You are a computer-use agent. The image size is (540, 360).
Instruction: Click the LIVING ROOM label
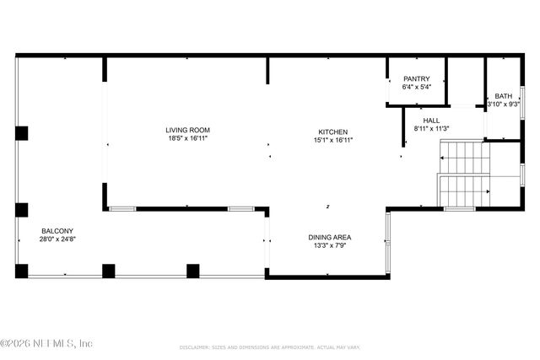point(187,130)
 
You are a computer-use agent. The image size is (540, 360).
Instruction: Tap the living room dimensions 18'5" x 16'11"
point(187,138)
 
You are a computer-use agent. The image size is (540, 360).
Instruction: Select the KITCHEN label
point(332,132)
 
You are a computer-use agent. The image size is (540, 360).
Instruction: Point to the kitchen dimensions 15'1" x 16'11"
point(332,141)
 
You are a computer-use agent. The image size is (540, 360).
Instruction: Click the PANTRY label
point(417,78)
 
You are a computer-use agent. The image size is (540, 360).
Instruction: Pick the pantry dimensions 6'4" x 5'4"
point(417,87)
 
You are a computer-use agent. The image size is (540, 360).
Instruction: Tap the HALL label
point(431,121)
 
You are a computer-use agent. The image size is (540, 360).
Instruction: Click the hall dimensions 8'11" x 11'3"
point(431,129)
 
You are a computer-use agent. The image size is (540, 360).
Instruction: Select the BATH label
point(504,96)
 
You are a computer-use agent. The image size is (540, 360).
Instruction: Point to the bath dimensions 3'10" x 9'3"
point(504,105)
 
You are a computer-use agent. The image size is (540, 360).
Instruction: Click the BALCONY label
point(57,231)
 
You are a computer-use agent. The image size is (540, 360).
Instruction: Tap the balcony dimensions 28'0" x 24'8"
point(57,239)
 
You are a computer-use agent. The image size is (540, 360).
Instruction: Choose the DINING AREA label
point(329,238)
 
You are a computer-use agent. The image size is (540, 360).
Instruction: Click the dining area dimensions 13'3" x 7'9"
point(329,246)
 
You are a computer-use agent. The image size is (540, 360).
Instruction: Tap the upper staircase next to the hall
point(462,157)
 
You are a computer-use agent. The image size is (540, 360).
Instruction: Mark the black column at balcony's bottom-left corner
point(22,271)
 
